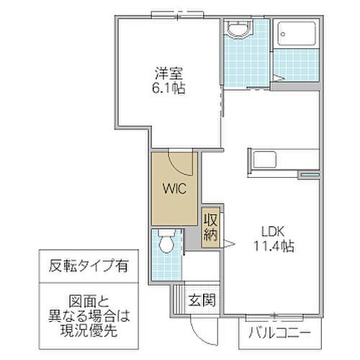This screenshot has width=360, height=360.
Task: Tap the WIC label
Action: (x=173, y=191)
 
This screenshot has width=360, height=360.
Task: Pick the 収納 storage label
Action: (x=210, y=228)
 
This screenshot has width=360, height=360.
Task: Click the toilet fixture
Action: (x=166, y=240)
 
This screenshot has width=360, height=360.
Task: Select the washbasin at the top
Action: (x=238, y=28)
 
